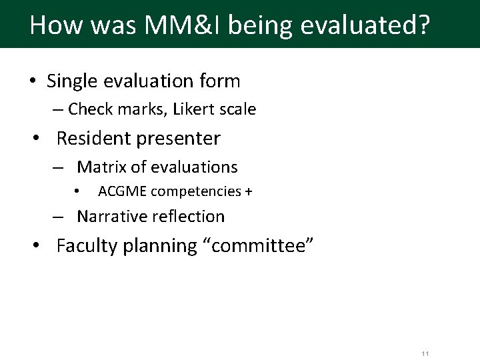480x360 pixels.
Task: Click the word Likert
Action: [x=196, y=109]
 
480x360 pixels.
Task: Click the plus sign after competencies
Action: [x=248, y=192]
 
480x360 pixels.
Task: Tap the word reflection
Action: [x=188, y=217]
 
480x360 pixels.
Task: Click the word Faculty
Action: [x=85, y=246]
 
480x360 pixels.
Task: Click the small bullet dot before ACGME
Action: [x=77, y=192]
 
